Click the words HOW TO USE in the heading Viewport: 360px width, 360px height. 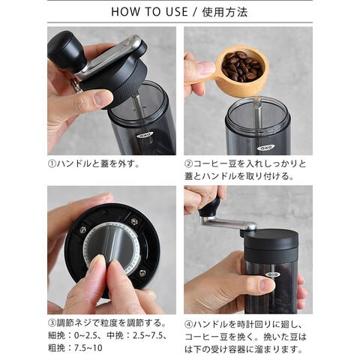pyautogui.click(x=149, y=12)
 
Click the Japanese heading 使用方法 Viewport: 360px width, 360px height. pyautogui.click(x=225, y=12)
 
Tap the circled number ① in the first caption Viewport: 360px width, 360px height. pyautogui.click(x=52, y=164)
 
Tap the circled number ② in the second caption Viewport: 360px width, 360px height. pyautogui.click(x=188, y=164)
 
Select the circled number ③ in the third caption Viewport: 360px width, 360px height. pyautogui.click(x=52, y=323)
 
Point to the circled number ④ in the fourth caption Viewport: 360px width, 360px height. pyautogui.click(x=188, y=325)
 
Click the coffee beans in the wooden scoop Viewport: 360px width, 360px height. pyautogui.click(x=241, y=66)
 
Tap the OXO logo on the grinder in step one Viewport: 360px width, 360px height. pyautogui.click(x=145, y=135)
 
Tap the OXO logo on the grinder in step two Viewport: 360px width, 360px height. pyautogui.click(x=266, y=148)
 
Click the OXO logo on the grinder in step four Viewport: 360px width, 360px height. pyautogui.click(x=272, y=274)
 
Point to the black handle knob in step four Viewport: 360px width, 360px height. pyautogui.click(x=210, y=208)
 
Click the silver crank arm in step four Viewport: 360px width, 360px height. pyautogui.click(x=227, y=223)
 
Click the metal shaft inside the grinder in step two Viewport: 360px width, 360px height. pyautogui.click(x=258, y=115)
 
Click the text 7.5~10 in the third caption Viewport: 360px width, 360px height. pyautogui.click(x=88, y=348)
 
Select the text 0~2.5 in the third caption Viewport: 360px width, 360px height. pyautogui.click(x=85, y=335)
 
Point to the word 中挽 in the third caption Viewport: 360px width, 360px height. pyautogui.click(x=115, y=335)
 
